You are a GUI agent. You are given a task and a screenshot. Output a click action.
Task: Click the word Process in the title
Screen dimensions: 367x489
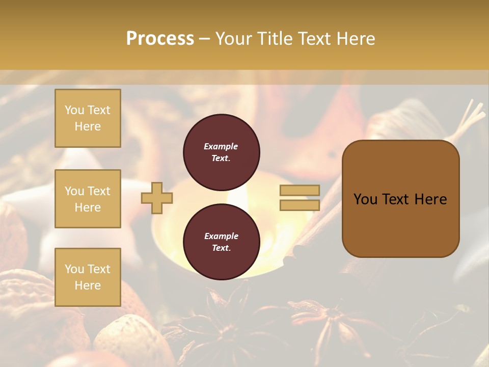click(160, 39)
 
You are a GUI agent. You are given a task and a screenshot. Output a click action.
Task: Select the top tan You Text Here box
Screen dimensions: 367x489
click(88, 118)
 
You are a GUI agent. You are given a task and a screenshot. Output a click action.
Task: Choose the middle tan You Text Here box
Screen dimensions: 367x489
click(88, 199)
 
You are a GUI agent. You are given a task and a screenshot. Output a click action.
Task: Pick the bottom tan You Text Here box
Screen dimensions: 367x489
click(88, 277)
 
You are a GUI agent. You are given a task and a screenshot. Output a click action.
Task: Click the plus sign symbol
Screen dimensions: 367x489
click(157, 198)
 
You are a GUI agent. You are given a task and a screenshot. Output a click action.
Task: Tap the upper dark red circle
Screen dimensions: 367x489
click(222, 152)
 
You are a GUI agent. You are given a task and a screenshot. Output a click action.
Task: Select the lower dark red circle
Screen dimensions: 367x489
click(222, 242)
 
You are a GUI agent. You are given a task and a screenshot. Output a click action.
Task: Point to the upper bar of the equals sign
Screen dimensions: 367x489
click(300, 190)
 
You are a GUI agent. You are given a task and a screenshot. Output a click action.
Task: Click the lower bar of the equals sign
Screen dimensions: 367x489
click(300, 205)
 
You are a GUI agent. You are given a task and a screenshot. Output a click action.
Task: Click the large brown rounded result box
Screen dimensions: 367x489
click(400, 199)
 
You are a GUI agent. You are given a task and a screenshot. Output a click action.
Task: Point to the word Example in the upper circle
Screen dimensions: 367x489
click(221, 146)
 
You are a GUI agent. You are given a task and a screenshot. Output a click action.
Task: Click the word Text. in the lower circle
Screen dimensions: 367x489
click(222, 248)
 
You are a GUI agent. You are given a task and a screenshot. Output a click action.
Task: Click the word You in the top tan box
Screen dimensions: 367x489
click(74, 110)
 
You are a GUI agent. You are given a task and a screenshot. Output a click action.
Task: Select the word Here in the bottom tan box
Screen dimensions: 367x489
click(88, 285)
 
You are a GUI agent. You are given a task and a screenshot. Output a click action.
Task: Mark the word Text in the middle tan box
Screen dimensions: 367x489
click(99, 191)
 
